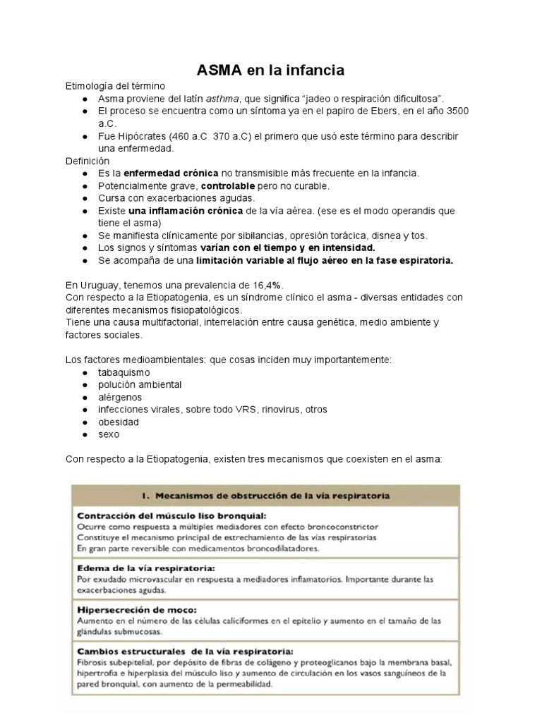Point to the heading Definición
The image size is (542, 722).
88,161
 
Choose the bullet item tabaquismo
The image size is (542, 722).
124,372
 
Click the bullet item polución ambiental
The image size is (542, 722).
140,384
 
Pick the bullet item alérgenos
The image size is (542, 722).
120,397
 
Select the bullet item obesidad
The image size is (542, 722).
119,422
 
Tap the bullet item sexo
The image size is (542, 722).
109,434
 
